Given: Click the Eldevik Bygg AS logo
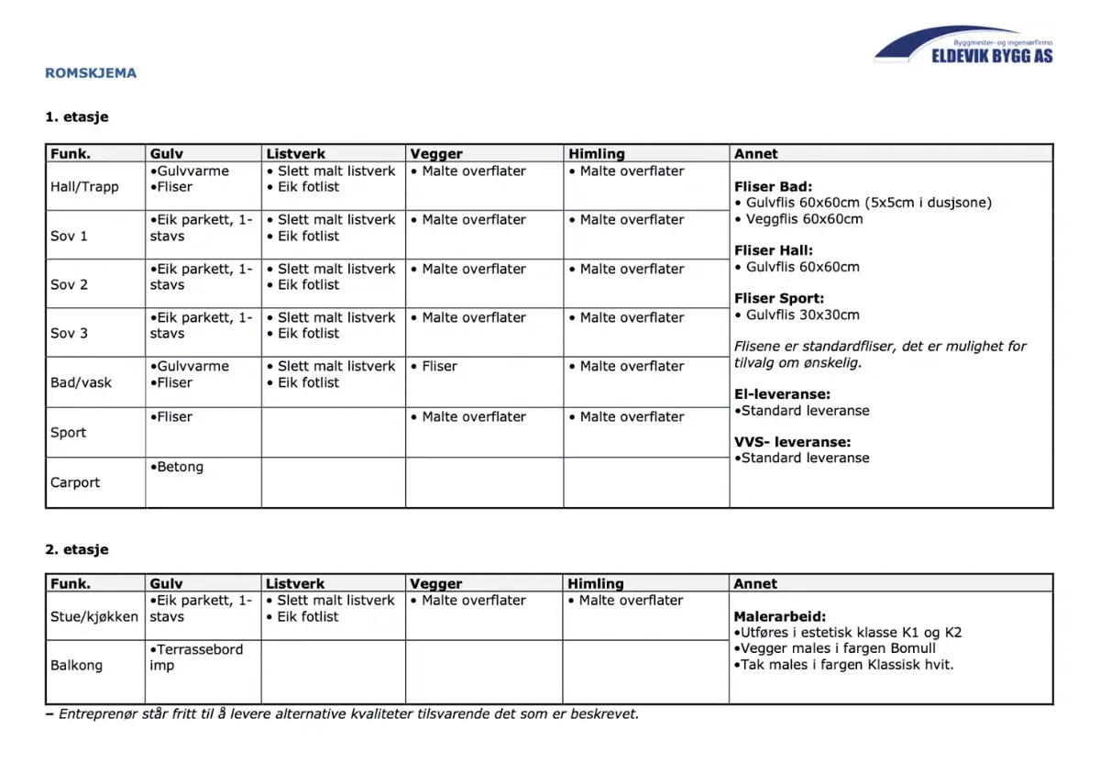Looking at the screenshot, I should tap(963, 45).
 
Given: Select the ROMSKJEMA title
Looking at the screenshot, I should tap(91, 73).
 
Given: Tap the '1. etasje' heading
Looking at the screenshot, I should tap(77, 117).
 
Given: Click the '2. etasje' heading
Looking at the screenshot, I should tap(77, 549).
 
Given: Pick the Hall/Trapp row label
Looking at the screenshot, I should tap(84, 187).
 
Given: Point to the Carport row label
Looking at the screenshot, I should tap(75, 482).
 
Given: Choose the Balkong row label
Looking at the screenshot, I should tap(76, 665).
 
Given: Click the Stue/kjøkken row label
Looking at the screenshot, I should tap(94, 616).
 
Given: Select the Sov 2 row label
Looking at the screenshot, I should tap(69, 284).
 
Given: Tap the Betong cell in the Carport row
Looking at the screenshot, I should tap(180, 467).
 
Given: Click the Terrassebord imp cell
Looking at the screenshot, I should tap(196, 657).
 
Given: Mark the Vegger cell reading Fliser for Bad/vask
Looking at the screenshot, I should tap(439, 366).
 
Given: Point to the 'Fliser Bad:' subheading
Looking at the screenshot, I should tap(773, 187).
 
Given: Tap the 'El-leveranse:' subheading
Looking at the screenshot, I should tap(782, 394).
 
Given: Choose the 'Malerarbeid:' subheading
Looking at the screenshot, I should tap(780, 616).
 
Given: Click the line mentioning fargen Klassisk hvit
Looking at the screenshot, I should tap(843, 664).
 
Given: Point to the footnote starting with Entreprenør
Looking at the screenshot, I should tap(342, 713).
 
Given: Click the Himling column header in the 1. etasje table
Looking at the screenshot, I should tap(596, 154).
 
